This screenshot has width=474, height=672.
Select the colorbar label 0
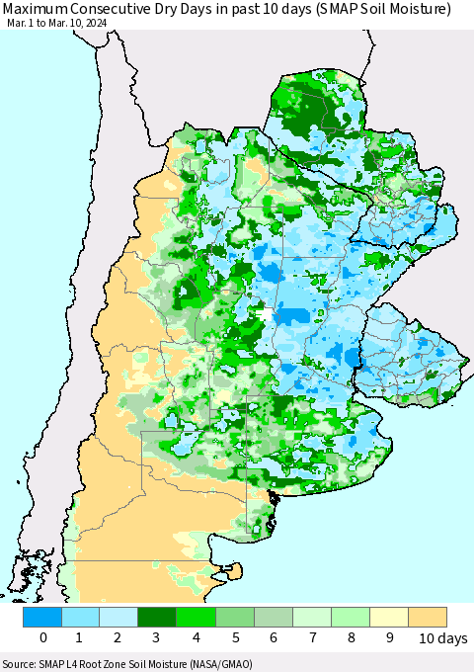43,638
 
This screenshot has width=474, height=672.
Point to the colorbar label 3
158,638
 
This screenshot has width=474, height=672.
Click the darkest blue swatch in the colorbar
43,617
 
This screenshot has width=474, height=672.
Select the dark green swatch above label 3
158,617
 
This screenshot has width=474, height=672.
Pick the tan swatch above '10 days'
428,617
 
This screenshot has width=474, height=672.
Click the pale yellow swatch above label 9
389,617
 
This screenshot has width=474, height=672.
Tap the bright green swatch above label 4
197,617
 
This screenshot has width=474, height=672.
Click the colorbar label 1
81,638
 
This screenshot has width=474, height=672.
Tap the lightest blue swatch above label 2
119,617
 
